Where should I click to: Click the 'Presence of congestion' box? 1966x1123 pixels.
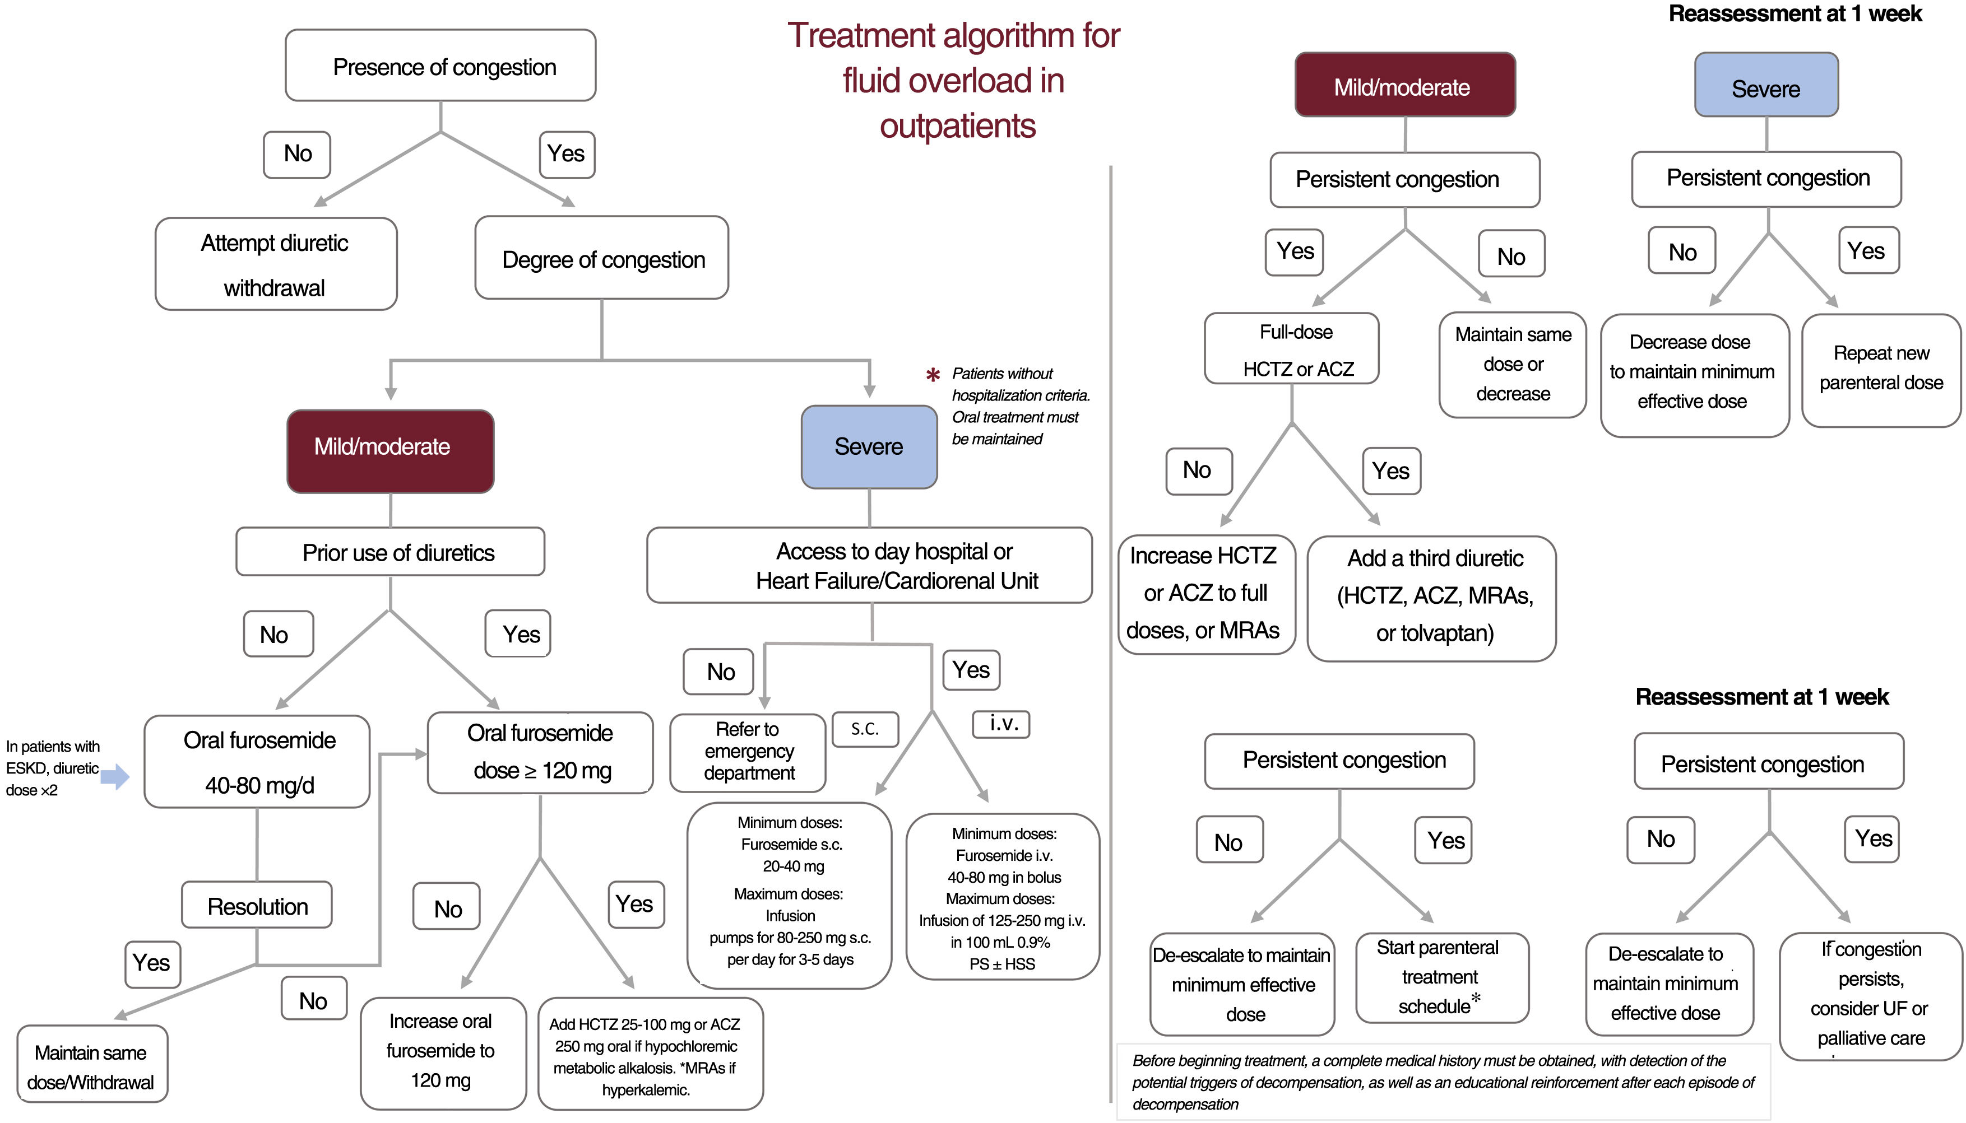pyautogui.click(x=441, y=66)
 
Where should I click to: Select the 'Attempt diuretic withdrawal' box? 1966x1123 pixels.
pyautogui.click(x=276, y=264)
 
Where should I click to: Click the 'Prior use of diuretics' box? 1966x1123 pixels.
pyautogui.click(x=391, y=552)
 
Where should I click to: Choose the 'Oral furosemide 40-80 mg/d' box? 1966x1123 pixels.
pyautogui.click(x=258, y=762)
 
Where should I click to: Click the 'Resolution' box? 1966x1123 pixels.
pyautogui.click(x=257, y=906)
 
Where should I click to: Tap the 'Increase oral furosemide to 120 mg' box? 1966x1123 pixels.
pyautogui.click(x=442, y=1051)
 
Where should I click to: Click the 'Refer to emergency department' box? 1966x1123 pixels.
pyautogui.click(x=748, y=751)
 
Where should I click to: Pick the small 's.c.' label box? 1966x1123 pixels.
pyautogui.click(x=865, y=729)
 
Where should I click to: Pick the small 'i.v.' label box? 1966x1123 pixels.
pyautogui.click(x=1001, y=724)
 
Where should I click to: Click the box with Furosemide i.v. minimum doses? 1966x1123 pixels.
pyautogui.click(x=1002, y=898)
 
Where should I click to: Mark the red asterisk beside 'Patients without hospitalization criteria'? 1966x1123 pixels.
pyautogui.click(x=932, y=376)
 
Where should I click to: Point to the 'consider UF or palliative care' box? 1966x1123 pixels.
pyautogui.click(x=1870, y=994)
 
